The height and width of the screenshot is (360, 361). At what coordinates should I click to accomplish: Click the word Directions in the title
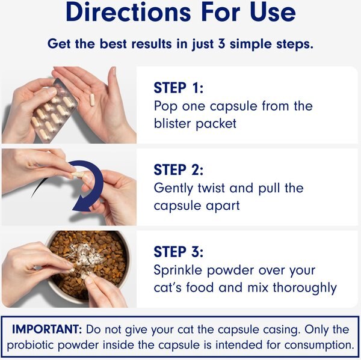tap(128, 12)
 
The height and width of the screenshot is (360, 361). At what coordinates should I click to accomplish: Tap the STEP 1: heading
tap(179, 88)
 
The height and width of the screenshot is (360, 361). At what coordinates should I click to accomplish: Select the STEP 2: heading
tap(179, 169)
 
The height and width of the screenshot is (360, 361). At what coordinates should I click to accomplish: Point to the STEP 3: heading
tap(179, 252)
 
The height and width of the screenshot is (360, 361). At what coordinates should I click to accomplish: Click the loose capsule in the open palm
tap(92, 99)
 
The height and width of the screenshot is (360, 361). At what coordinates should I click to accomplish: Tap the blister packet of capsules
tap(54, 110)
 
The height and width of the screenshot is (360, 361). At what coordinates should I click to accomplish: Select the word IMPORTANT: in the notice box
tap(47, 329)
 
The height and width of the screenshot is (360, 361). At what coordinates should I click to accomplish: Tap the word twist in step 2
tap(211, 188)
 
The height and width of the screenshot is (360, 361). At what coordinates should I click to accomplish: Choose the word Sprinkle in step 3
tap(177, 270)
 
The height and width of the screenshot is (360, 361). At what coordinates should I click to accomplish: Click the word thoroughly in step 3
tap(304, 288)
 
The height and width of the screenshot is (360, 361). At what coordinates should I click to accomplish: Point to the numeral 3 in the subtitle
tap(221, 43)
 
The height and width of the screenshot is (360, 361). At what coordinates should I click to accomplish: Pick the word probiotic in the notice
tap(31, 345)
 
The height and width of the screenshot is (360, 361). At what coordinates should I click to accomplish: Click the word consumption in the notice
tap(319, 345)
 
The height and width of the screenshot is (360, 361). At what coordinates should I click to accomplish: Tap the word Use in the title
tap(273, 12)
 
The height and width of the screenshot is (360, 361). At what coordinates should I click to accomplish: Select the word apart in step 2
tap(223, 206)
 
